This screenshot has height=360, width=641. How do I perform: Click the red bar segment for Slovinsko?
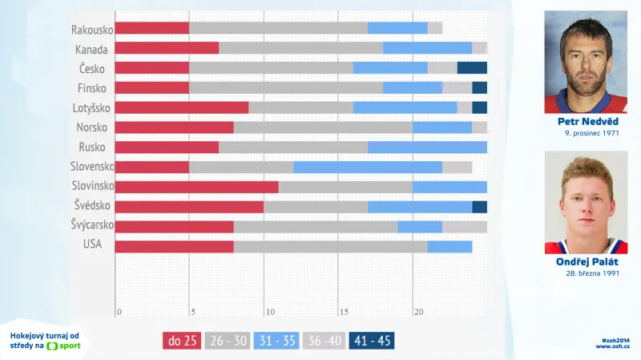click(196, 187)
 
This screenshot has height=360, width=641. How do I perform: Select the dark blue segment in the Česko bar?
click(472, 68)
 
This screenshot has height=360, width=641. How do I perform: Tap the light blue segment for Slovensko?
click(368, 167)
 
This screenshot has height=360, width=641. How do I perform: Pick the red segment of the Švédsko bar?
click(189, 207)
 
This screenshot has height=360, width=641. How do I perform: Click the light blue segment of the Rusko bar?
click(427, 148)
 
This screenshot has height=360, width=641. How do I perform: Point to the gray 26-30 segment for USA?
click(330, 246)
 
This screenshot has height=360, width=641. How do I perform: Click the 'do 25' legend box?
click(182, 341)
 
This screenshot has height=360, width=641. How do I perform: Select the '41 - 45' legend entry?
click(372, 341)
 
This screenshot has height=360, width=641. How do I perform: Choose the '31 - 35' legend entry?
click(276, 341)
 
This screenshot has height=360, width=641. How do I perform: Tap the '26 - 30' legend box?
click(229, 341)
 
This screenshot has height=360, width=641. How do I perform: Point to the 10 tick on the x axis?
click(269, 312)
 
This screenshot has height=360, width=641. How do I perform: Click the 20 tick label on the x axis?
click(417, 312)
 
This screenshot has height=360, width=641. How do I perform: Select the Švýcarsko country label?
click(91, 226)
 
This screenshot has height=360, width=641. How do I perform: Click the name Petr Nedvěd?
click(591, 121)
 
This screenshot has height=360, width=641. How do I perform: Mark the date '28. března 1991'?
click(591, 273)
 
